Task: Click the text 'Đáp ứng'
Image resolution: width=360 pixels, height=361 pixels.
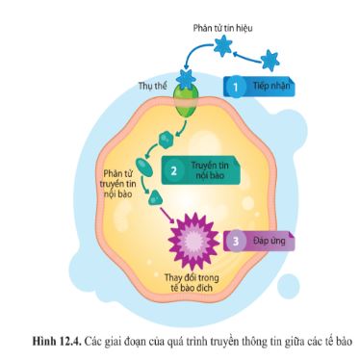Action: pos(262,240)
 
